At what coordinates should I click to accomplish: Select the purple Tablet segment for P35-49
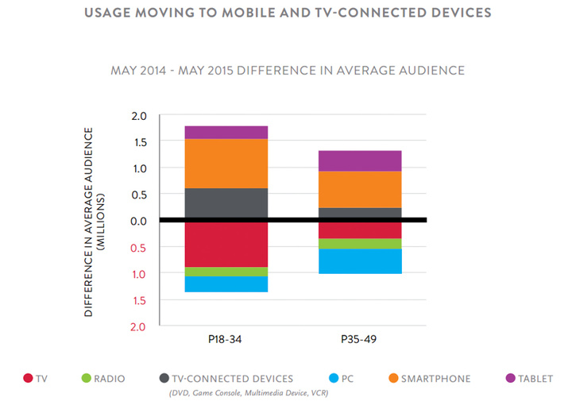[x=360, y=160]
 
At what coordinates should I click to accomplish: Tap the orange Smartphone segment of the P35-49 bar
[x=360, y=189]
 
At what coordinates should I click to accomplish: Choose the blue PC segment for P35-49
[x=360, y=261]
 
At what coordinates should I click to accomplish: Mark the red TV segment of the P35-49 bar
[x=360, y=230]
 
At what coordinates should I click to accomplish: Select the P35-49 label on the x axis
[x=360, y=338]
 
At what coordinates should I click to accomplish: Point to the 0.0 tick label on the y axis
[x=139, y=221]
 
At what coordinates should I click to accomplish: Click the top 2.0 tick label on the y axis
[x=139, y=116]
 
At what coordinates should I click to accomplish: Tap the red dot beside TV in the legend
[x=28, y=379]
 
